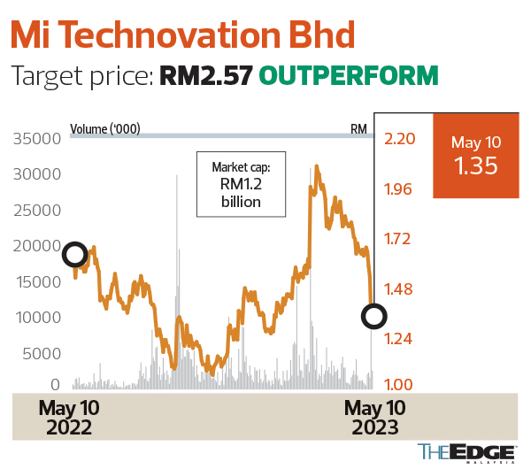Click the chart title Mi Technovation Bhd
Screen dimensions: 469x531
coord(183,35)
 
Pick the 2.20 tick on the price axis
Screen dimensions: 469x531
coord(398,139)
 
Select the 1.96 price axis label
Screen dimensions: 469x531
coord(398,188)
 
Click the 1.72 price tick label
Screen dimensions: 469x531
coord(398,238)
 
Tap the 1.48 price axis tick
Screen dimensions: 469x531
coord(398,288)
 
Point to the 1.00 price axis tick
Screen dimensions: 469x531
coord(398,385)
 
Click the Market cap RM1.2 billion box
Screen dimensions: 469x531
coord(242,184)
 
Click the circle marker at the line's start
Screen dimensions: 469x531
coord(75,255)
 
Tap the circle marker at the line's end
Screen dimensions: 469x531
coord(374,315)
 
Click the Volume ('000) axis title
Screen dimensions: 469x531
coord(105,129)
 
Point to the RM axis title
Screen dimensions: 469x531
coord(358,129)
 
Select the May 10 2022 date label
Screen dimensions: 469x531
coord(68,417)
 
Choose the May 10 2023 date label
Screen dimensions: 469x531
coord(374,417)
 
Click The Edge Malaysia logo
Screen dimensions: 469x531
coord(466,451)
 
